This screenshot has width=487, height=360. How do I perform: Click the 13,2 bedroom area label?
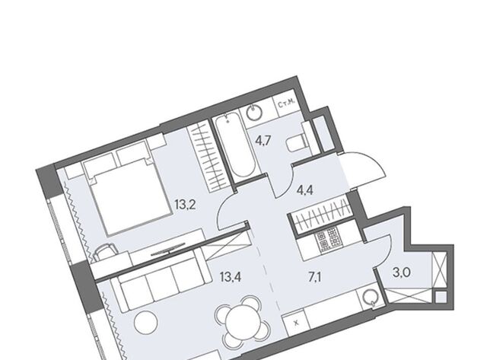pos(185,205)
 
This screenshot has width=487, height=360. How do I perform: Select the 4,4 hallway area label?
pos(304,190)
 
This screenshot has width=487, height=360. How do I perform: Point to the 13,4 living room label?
pos(231,276)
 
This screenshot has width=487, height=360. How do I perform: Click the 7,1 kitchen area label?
pos(314,276)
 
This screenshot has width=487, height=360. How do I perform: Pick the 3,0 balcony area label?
pos(402,273)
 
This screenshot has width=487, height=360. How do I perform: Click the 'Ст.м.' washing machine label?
pos(286,105)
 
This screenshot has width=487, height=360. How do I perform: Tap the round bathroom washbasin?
pos(254,113)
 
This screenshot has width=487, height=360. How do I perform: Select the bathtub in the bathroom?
pos(235,145)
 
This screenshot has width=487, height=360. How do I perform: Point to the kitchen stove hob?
pos(328,239)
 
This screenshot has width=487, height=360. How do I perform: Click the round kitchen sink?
pos(370,298)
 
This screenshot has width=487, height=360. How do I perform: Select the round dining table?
pos(243,322)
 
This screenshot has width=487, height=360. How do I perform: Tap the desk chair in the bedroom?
pos(104,250)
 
